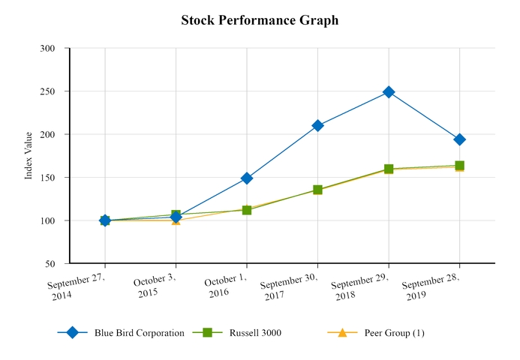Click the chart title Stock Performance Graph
tap(260, 20)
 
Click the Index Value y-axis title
tap(29, 155)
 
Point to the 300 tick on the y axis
tap(48, 48)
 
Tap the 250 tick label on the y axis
tap(48, 91)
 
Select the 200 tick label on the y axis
tap(48, 134)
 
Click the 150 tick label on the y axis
tap(48, 178)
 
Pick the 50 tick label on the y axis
tap(50, 264)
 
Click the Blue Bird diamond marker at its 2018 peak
tap(389, 92)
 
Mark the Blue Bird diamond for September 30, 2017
tap(317, 126)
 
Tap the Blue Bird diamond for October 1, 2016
tap(247, 178)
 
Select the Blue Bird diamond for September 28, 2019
tap(459, 139)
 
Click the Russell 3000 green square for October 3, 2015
tap(176, 215)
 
